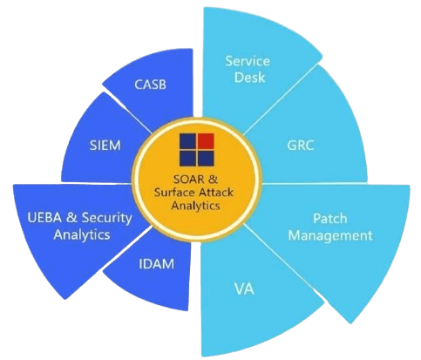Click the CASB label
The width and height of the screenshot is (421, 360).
click(150, 85)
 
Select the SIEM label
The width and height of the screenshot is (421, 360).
click(105, 145)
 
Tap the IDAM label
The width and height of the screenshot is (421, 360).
click(157, 264)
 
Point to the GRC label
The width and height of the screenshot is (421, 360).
click(301, 145)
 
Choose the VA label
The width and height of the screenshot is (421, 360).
click(244, 289)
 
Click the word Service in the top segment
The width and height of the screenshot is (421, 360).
click(248, 61)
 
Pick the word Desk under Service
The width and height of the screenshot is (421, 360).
click(249, 78)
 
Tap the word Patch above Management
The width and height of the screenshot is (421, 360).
click(329, 219)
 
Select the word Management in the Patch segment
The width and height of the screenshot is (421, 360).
click(330, 235)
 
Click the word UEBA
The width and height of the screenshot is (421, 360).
click(44, 217)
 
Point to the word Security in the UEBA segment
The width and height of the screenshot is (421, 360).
click(106, 218)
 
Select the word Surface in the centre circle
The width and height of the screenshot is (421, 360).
click(175, 193)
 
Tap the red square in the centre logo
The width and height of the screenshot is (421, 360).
click(206, 140)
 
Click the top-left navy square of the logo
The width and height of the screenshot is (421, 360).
click(187, 141)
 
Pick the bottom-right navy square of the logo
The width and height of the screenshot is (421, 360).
click(206, 159)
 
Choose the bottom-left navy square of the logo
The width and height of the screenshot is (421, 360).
click(187, 159)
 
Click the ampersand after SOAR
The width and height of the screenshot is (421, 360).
click(214, 180)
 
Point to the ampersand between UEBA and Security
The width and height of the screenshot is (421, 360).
click(71, 218)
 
